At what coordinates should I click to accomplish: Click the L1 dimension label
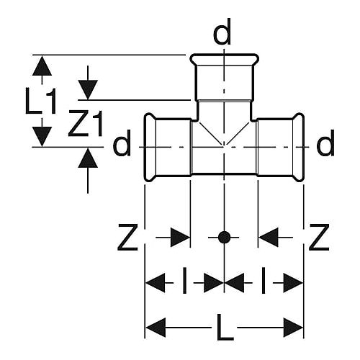pos(41,101)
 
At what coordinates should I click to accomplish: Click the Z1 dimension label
pos(86,123)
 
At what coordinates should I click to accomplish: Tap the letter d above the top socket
pos(222,32)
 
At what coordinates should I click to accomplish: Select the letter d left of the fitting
pos(122,143)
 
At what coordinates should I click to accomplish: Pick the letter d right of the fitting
pos(325,143)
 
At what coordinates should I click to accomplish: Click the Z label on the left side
pos(127,238)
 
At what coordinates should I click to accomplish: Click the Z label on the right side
pos(319,238)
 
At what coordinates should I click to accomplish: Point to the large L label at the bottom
pos(225,328)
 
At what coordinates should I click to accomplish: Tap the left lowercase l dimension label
pos(184,281)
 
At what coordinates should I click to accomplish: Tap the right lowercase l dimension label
pos(264,281)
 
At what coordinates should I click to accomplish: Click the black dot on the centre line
pos(224,238)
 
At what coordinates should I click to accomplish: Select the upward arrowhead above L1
pos(42,66)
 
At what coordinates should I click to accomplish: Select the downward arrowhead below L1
pos(42,136)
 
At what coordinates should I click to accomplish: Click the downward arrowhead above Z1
pos(88,90)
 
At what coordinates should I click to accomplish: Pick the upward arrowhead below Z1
pos(88,158)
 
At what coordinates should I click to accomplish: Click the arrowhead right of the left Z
pos(180,238)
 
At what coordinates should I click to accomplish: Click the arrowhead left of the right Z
pos(269,238)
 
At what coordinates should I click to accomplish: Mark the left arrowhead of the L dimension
pos(156,328)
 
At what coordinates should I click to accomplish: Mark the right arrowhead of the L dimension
pos(293,328)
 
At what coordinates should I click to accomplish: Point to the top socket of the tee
pos(224,77)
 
